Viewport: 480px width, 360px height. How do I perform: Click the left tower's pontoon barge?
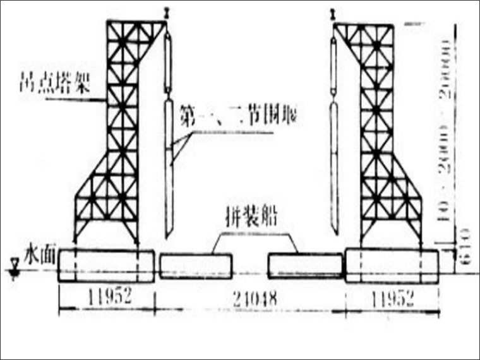click(105, 265)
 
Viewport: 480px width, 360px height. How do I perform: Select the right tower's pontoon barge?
click(392, 265)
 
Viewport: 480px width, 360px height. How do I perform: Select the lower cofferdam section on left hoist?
click(168, 164)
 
